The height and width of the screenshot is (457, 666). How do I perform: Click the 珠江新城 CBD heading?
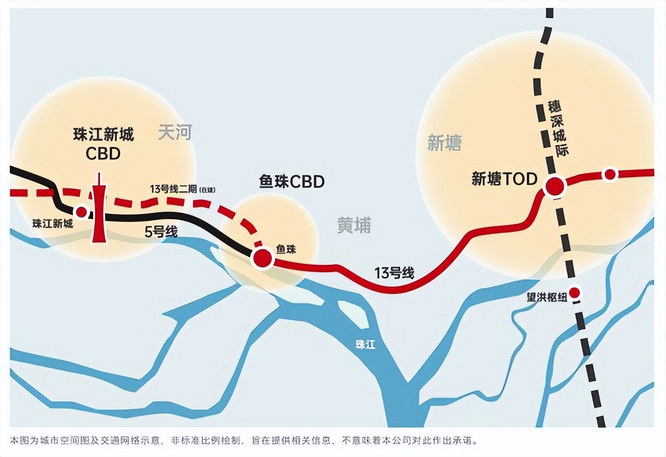coord(103,144)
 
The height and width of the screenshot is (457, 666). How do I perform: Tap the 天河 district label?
coord(175,133)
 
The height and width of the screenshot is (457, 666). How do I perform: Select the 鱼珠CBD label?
coord(291,181)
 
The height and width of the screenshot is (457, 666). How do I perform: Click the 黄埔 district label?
coord(354,225)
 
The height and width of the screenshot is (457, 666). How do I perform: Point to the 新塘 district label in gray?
coord(444,143)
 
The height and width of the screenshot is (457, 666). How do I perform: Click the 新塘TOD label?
coord(504,179)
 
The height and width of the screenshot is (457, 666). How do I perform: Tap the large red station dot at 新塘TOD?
coord(555,186)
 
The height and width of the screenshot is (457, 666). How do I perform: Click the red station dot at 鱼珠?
coord(262,258)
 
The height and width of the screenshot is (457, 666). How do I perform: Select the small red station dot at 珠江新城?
coord(81,212)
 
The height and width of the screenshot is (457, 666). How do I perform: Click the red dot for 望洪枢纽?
coord(574,293)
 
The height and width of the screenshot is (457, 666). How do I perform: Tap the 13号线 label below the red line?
coord(394,272)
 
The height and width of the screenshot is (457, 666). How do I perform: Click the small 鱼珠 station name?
coord(286,250)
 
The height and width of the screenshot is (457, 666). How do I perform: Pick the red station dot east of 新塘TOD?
coord(610,174)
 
